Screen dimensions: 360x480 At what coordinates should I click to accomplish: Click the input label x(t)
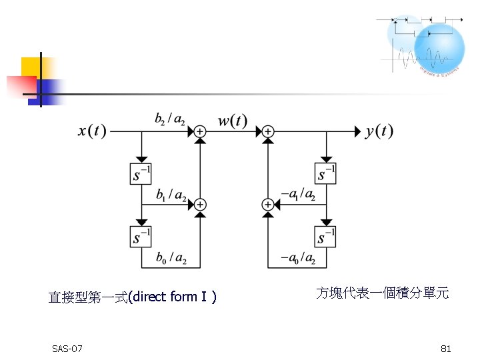[x=92, y=131]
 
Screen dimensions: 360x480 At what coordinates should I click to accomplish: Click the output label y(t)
[x=379, y=131]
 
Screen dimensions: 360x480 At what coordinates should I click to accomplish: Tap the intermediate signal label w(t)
[x=232, y=121]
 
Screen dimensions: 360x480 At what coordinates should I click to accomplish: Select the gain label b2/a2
[x=170, y=119]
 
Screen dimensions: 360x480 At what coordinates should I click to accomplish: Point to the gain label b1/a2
[x=171, y=195]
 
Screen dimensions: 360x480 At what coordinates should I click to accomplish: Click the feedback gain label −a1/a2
[x=298, y=194]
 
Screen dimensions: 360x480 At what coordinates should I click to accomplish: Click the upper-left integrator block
[x=141, y=173]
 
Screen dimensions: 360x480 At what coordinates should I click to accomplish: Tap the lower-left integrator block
[x=141, y=237]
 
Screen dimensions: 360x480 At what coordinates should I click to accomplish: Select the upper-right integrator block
[x=325, y=173]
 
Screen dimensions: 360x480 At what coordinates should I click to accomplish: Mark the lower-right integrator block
[x=325, y=237]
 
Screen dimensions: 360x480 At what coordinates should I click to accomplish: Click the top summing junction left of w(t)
[x=199, y=132]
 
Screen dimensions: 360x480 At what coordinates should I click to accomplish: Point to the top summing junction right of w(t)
[x=267, y=132]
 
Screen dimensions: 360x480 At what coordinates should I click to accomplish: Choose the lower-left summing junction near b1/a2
[x=199, y=205]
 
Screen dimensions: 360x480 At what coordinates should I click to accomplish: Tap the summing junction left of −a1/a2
[x=267, y=205]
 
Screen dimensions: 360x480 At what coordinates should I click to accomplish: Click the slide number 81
[x=446, y=349]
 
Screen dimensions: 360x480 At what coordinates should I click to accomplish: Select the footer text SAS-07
[x=67, y=349]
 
